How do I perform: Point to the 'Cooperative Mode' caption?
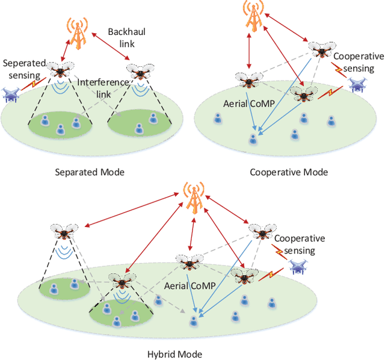[289, 172]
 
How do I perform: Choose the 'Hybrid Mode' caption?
[174, 353]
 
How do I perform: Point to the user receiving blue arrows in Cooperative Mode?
[254, 139]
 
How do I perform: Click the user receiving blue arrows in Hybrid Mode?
[194, 320]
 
